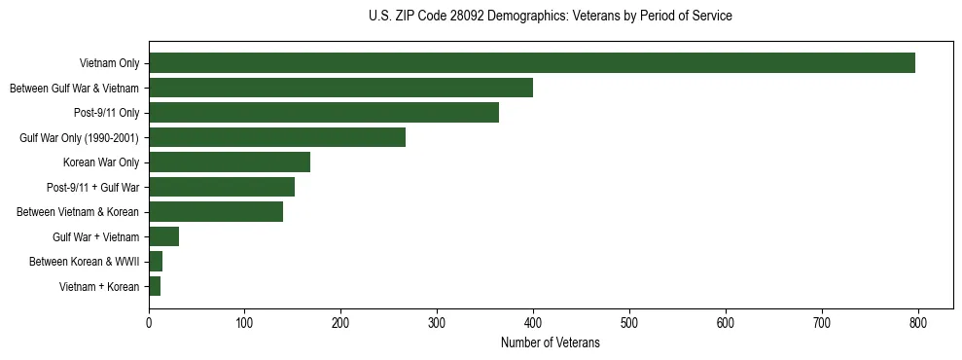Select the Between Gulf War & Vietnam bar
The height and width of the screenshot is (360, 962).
coord(340,88)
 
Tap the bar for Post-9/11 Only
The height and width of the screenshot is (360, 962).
coord(323,113)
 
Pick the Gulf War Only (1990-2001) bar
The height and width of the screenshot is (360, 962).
coord(276,137)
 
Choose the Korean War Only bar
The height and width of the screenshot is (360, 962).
coord(229,162)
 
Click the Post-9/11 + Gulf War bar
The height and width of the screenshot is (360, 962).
coord(221,187)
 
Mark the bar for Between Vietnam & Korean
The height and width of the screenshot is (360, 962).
coord(215,212)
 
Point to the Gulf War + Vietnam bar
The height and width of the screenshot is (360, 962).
coord(163,236)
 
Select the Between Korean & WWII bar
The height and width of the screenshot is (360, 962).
coord(156,261)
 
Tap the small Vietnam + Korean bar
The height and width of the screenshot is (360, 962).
coord(155,286)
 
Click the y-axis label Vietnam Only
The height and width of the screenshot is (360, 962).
coord(110,63)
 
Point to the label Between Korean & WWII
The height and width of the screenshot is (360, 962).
coord(84,262)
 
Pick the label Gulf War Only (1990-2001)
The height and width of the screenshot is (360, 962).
coord(79,138)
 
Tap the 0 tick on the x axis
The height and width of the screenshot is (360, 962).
coord(149,322)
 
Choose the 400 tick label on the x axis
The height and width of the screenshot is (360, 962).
coord(533,322)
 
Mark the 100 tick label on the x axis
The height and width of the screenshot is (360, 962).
coord(245,322)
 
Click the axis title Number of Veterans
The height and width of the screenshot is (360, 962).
coord(550,342)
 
